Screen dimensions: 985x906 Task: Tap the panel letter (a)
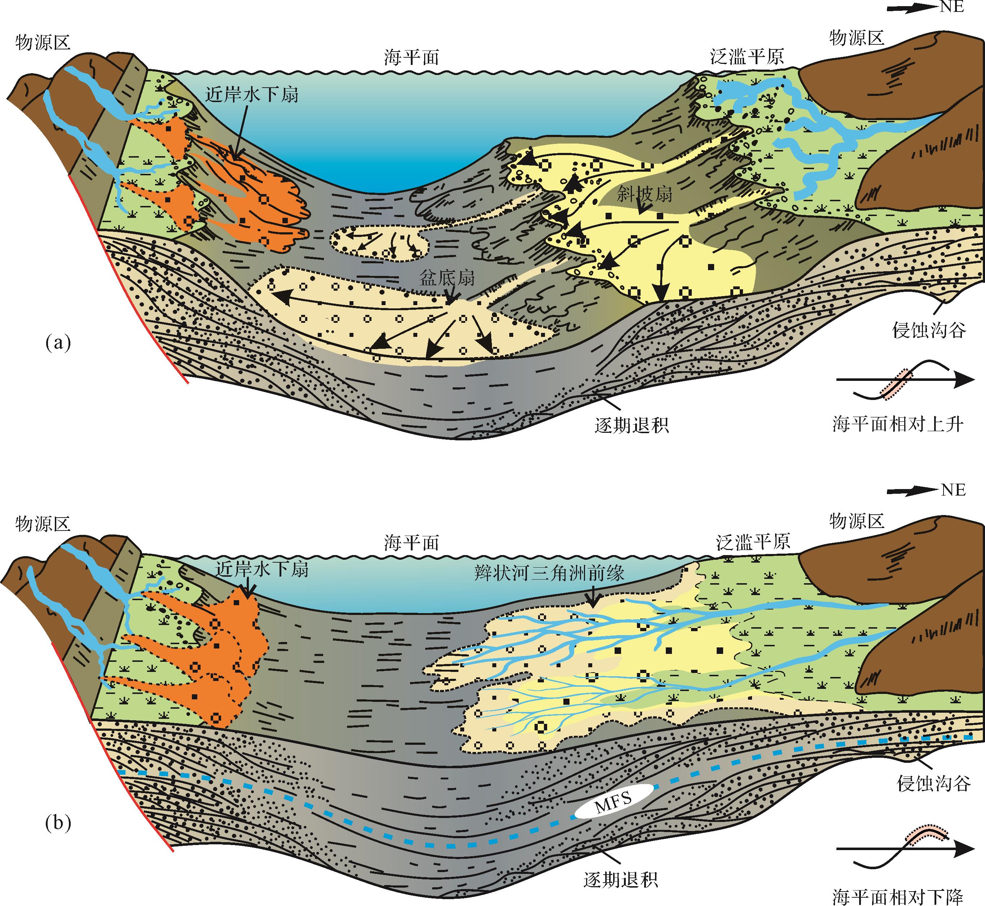(58, 342)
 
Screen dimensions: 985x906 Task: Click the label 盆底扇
(447, 278)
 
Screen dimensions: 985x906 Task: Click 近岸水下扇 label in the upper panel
(251, 94)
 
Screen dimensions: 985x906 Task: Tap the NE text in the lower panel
(954, 490)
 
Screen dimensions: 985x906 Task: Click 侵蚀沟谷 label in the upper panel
(929, 330)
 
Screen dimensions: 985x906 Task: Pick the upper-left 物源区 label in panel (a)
(43, 42)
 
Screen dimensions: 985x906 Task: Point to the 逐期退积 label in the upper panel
(632, 425)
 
